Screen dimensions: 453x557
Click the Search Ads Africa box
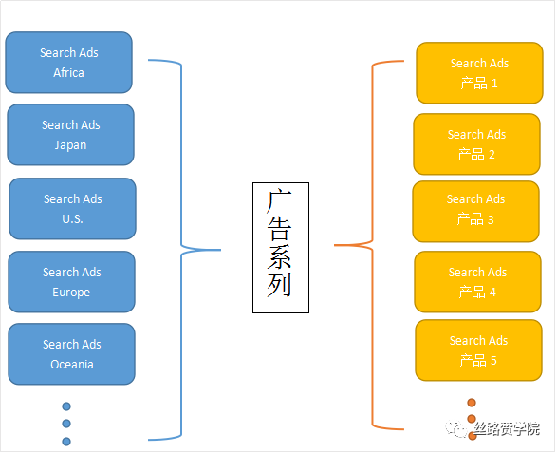(x=68, y=63)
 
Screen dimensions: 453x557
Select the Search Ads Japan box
(x=70, y=135)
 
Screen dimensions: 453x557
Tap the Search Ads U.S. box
(x=72, y=209)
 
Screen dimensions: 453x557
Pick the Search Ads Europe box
(x=71, y=282)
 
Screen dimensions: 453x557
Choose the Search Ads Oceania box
(x=71, y=354)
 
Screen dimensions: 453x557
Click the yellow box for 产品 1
(x=479, y=73)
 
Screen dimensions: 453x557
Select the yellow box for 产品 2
(x=476, y=144)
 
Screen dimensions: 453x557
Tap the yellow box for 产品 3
(x=475, y=211)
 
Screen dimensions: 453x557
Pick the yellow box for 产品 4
(x=477, y=282)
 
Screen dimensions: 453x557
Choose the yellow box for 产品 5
(x=478, y=350)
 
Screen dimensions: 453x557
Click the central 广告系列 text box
(x=279, y=246)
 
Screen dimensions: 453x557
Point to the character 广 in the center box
(x=279, y=202)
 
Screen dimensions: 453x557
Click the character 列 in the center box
(x=279, y=286)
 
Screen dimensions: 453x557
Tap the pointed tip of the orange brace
(x=336, y=245)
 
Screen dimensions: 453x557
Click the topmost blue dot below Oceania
(x=66, y=406)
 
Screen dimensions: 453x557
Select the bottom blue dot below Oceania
(x=66, y=441)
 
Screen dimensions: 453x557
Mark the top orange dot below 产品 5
(x=472, y=403)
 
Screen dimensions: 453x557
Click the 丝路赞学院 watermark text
(x=507, y=428)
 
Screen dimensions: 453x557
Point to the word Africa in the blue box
(x=68, y=73)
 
